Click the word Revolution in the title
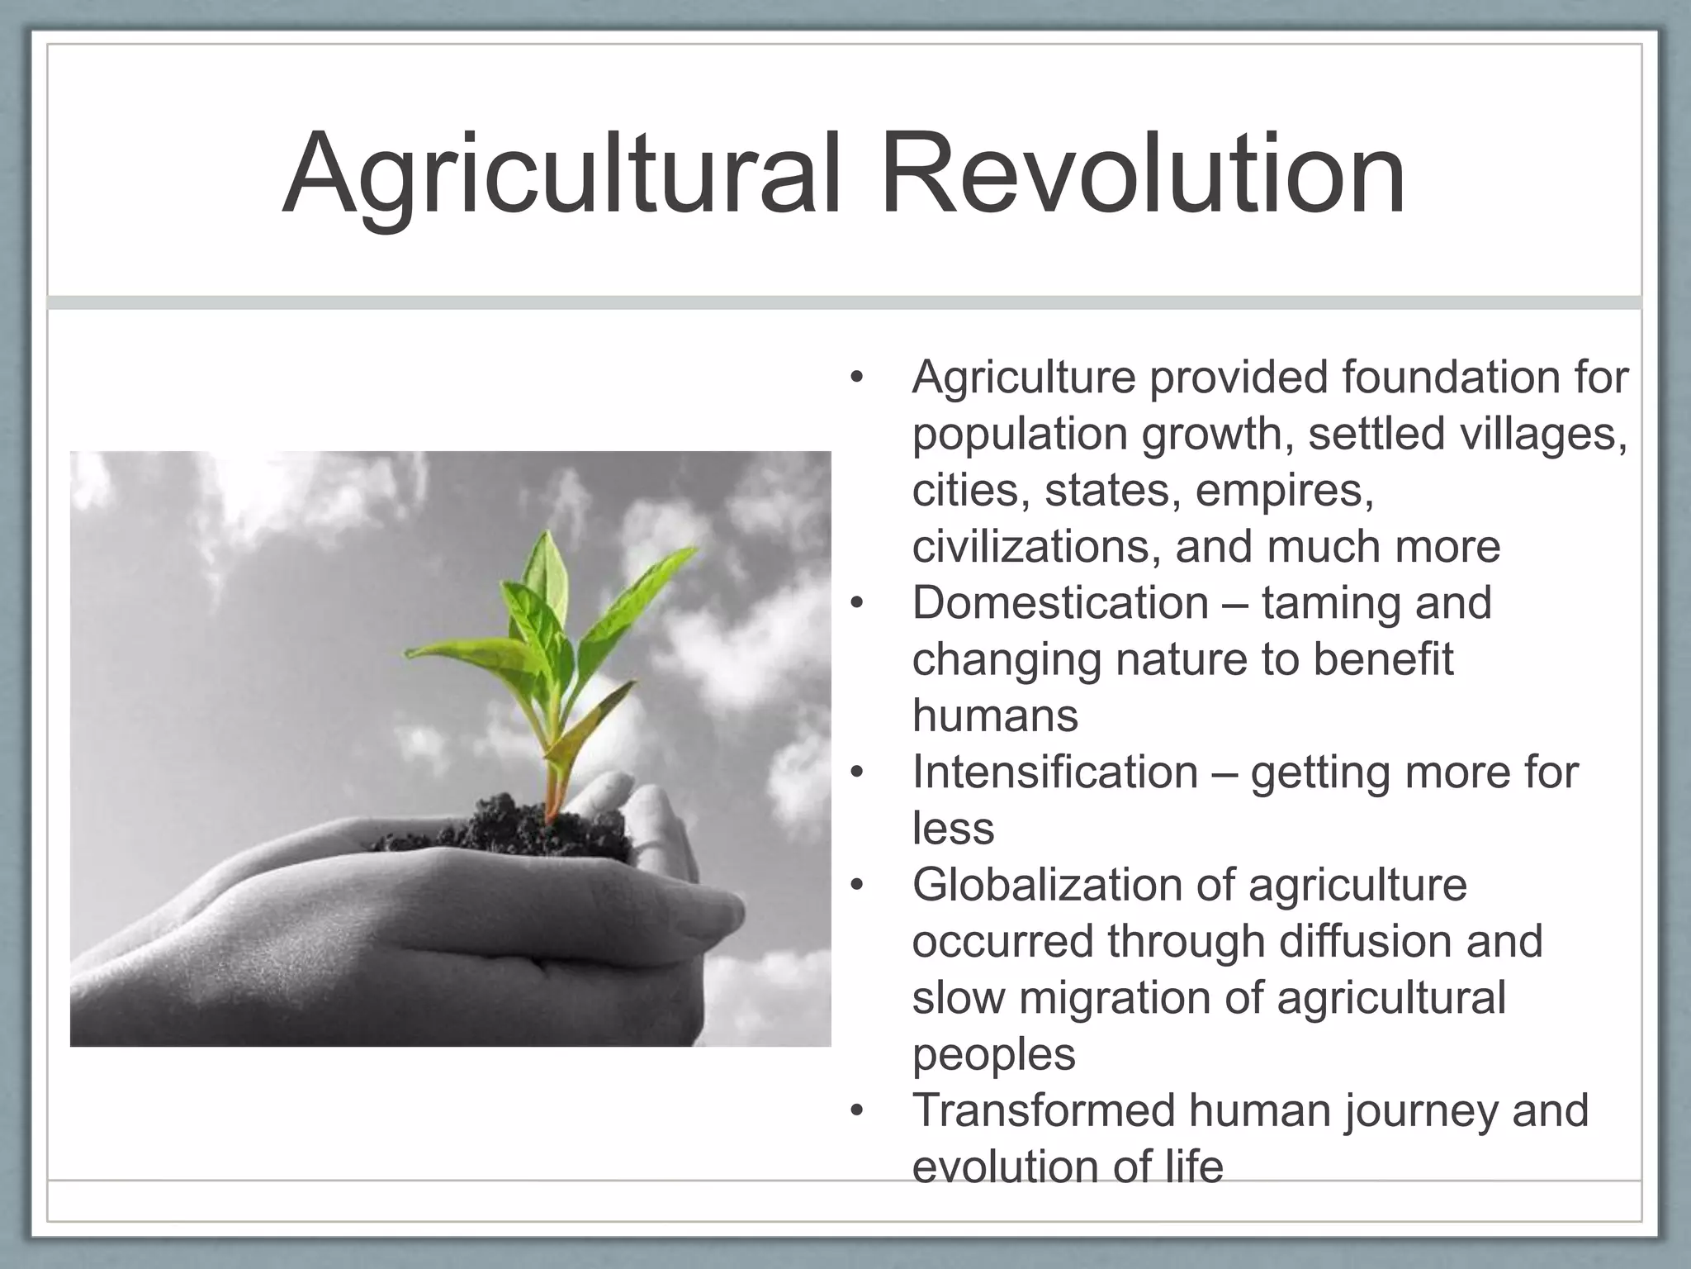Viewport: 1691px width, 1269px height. point(1143,175)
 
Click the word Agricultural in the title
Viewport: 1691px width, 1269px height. point(561,175)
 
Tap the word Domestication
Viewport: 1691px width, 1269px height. point(1060,603)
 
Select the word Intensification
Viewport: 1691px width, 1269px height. point(1054,772)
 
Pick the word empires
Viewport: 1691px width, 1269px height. point(1284,491)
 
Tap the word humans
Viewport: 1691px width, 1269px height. point(995,715)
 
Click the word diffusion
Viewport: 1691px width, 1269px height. point(1355,941)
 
